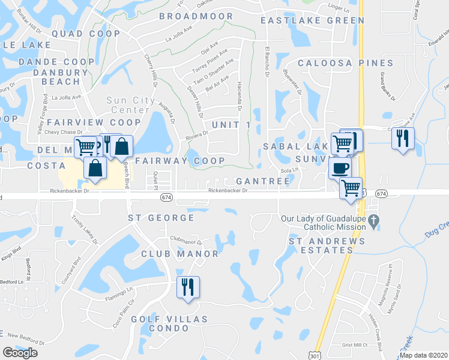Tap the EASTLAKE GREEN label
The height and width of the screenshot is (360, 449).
(x=312, y=20)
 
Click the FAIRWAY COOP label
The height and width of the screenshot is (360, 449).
(x=180, y=161)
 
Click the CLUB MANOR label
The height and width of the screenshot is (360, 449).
(x=180, y=254)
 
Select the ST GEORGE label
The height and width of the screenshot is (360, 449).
(x=161, y=218)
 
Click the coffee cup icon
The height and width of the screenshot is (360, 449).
(x=340, y=168)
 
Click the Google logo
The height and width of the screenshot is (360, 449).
(x=20, y=353)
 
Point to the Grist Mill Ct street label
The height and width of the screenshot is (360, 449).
(x=354, y=345)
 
